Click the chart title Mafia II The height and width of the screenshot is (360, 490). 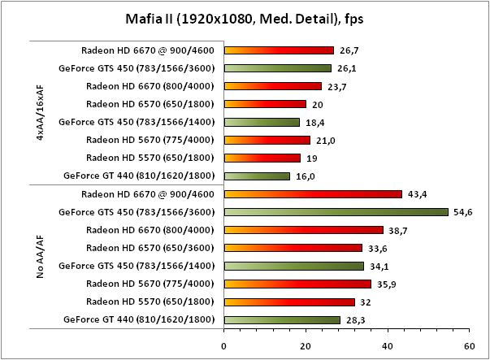point(245,18)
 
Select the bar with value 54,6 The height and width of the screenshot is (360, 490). point(336,212)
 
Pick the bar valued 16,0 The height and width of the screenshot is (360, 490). point(257,176)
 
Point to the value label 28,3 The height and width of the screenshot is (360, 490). point(355,319)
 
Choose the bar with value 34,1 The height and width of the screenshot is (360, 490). point(294,266)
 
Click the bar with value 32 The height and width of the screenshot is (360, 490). point(289,301)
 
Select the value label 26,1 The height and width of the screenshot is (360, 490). point(346,68)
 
